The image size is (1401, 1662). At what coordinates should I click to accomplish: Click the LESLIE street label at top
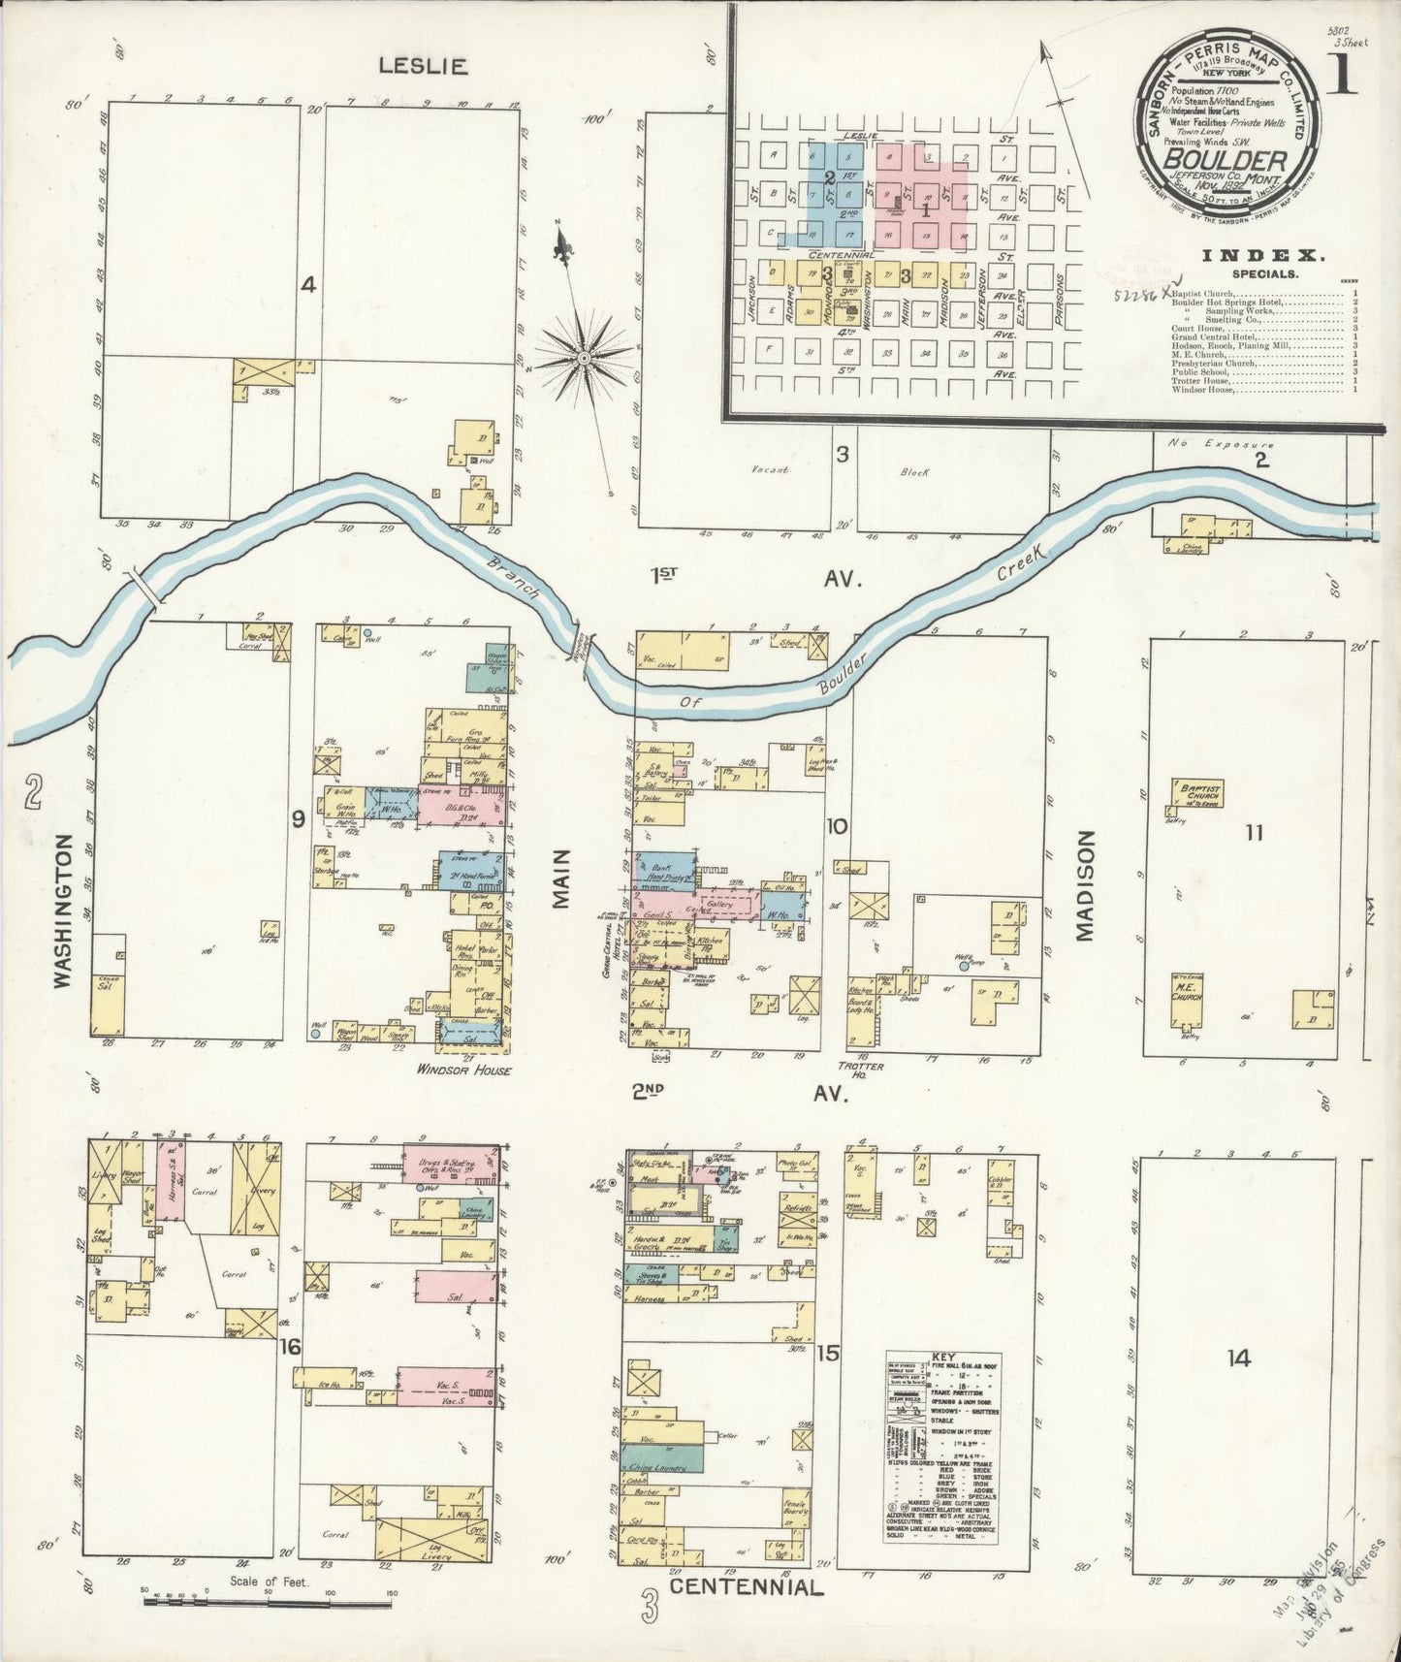(x=423, y=66)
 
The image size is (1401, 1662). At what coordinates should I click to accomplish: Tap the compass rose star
(x=584, y=359)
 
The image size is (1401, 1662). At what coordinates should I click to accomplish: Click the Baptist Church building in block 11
(x=1198, y=792)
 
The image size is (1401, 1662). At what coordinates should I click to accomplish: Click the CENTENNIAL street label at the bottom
(x=746, y=1587)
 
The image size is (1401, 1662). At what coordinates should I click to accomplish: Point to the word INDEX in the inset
(x=1262, y=256)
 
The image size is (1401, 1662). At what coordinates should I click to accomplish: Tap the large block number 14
(x=1237, y=1358)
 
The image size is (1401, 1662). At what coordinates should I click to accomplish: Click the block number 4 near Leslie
(x=307, y=285)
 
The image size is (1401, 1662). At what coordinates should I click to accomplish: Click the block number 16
(x=289, y=1347)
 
